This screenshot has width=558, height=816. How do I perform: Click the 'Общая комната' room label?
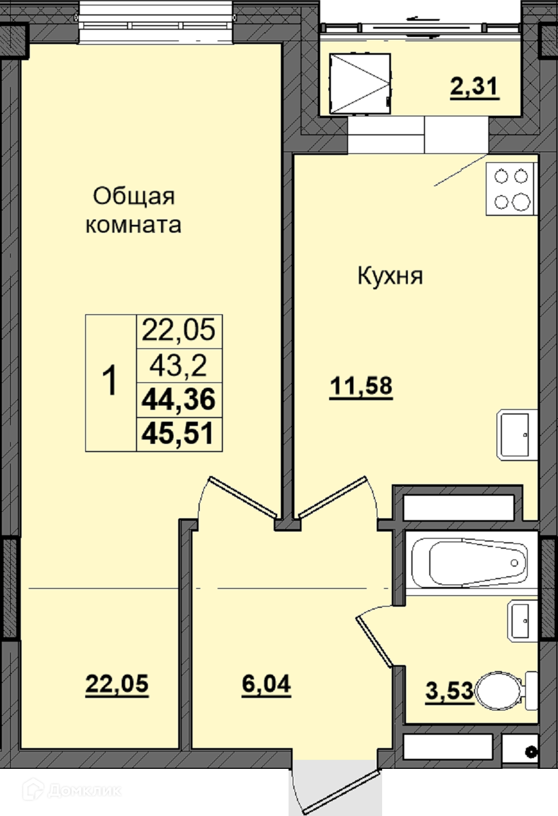[133, 211]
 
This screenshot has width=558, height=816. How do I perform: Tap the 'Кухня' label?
[390, 276]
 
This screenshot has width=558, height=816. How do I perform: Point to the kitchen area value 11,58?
[361, 387]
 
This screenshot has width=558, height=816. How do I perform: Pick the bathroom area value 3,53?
[450, 691]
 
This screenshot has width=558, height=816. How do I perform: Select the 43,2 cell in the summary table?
[179, 366]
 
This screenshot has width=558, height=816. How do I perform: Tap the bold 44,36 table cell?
[179, 400]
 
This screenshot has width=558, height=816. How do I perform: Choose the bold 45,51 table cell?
[178, 434]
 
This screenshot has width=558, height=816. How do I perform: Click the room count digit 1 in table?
[109, 381]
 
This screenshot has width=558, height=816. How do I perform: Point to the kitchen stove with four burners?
[511, 188]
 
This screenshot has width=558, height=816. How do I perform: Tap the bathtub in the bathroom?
[470, 562]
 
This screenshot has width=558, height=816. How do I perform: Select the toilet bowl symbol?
[506, 691]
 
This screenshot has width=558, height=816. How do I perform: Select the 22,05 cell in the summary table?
[179, 331]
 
